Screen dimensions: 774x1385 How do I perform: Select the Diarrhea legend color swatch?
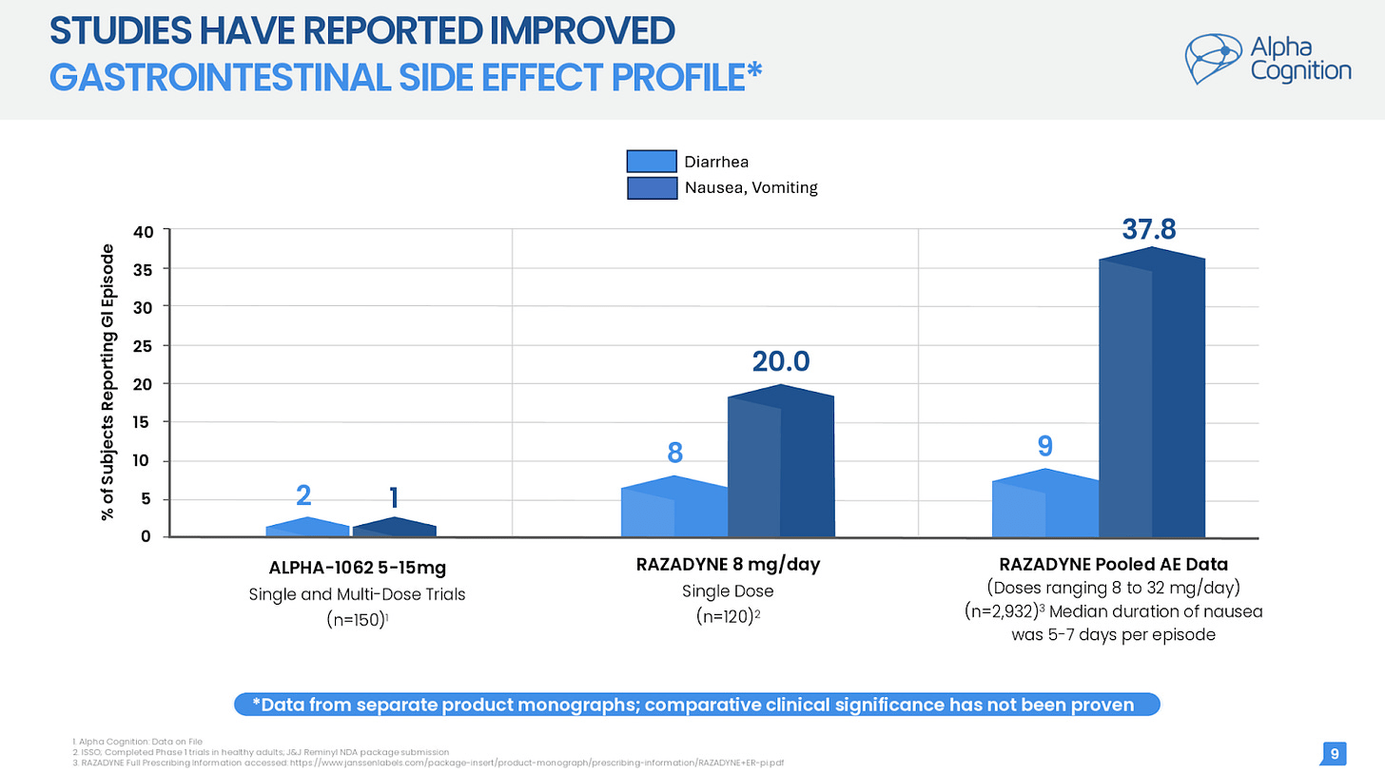[x=651, y=162]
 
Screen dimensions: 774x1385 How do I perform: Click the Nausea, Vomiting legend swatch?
[x=651, y=187]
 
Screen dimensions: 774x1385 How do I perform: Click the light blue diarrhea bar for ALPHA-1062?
[x=306, y=529]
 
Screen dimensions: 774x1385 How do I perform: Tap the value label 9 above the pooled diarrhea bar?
[x=1045, y=445]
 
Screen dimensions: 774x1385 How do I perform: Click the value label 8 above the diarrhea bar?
[x=673, y=452]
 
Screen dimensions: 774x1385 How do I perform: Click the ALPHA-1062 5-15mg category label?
[x=358, y=569]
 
